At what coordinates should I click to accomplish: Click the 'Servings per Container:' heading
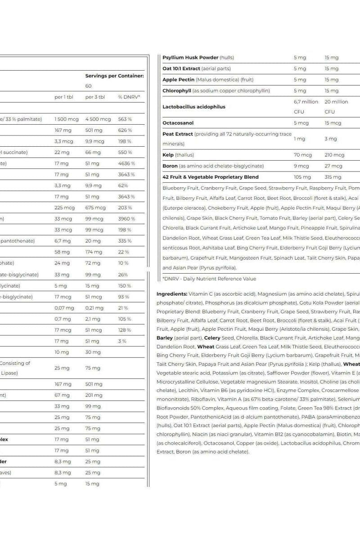click(114, 76)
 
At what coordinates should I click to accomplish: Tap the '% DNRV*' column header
click(129, 97)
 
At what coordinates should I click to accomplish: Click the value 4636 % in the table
click(126, 163)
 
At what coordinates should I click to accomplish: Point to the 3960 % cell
click(126, 219)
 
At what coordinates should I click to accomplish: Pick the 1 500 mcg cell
click(66, 119)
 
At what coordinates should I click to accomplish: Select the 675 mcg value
click(95, 208)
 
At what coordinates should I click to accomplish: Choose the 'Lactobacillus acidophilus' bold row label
click(193, 107)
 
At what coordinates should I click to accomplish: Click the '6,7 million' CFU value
click(306, 102)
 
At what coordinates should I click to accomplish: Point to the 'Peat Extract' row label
click(178, 134)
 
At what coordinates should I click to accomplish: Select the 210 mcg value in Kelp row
click(334, 155)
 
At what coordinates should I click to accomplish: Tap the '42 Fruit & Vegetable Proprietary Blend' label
click(210, 177)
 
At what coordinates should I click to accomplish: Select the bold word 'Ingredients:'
click(171, 294)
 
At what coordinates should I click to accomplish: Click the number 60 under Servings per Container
click(88, 86)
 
